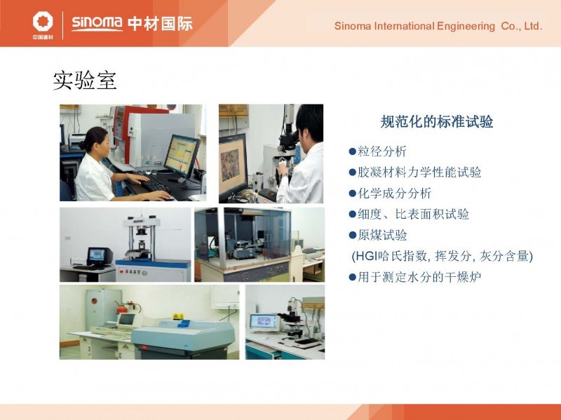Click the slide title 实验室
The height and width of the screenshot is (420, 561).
tap(85, 80)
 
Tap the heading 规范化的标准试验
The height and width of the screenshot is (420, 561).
tap(436, 121)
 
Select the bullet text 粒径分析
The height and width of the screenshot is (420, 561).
tap(381, 151)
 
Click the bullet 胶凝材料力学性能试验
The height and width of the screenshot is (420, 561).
tap(419, 172)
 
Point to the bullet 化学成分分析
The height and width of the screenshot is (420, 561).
tap(394, 194)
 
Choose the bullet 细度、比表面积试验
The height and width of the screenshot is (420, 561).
tap(413, 214)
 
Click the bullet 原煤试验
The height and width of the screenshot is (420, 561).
tap(382, 235)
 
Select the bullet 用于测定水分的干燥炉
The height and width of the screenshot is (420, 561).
tap(419, 277)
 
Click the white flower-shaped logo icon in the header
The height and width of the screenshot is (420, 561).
tap(43, 22)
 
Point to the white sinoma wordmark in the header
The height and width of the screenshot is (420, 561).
tap(97, 23)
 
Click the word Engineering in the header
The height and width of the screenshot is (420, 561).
tap(466, 27)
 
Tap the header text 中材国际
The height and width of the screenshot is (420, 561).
tap(160, 24)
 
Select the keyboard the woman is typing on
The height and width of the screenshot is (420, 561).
tap(155, 185)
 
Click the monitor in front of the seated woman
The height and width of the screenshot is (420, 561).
tap(181, 156)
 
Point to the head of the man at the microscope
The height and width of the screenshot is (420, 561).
tap(309, 123)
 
